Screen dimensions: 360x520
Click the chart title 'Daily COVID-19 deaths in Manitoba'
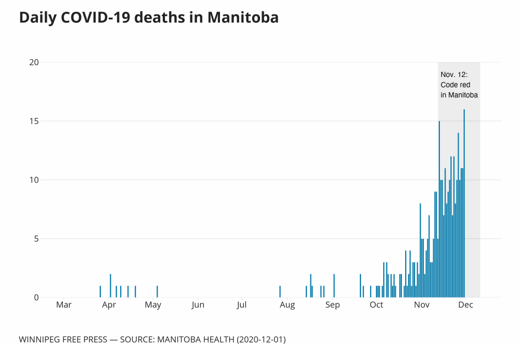point(149,18)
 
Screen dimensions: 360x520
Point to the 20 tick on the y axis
point(34,62)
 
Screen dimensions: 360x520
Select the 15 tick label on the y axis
point(34,121)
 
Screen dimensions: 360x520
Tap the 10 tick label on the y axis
point(34,180)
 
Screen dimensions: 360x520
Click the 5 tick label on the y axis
point(36,239)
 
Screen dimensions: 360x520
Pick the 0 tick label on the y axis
point(36,298)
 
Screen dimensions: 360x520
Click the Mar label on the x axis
point(63,305)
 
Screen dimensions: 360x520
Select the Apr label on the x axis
point(109,305)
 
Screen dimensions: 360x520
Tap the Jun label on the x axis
point(198,305)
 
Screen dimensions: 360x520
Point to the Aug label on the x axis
point(287,305)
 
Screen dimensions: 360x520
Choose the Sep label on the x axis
point(332,305)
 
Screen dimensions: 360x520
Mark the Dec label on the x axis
point(465,305)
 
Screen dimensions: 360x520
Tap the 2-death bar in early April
point(110,286)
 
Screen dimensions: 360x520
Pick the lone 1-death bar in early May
point(157,292)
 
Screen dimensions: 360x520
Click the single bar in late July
point(280,292)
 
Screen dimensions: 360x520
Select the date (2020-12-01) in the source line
point(261,340)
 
